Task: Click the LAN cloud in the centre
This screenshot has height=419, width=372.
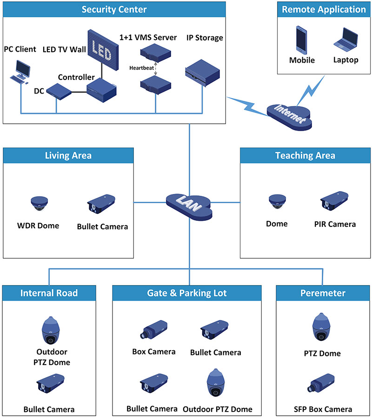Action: pyautogui.click(x=189, y=203)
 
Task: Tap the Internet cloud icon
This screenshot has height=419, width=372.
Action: pyautogui.click(x=289, y=114)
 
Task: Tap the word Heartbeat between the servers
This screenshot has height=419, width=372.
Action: pyautogui.click(x=141, y=67)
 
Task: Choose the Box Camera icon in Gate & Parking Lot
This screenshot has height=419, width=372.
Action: pyautogui.click(x=153, y=328)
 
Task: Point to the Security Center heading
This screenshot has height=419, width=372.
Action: pyautogui.click(x=114, y=9)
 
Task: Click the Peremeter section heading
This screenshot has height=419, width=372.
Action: pyautogui.click(x=323, y=293)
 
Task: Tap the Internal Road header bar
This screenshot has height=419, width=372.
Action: pyautogui.click(x=49, y=293)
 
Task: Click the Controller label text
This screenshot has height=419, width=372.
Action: pyautogui.click(x=76, y=77)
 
